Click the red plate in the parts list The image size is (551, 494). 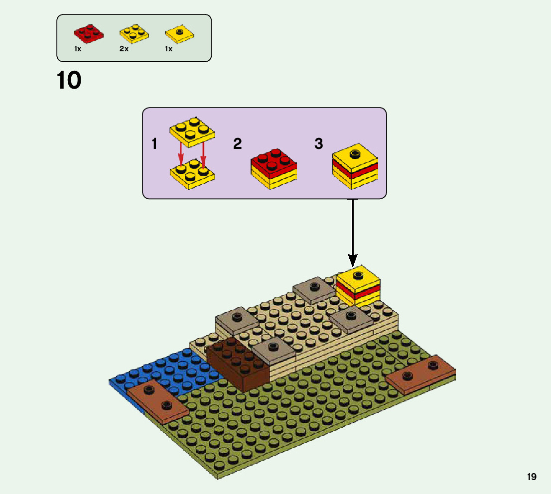[x=89, y=32]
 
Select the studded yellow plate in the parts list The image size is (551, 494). [x=134, y=33]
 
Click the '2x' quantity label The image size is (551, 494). [x=124, y=49]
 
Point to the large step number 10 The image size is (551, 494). [x=69, y=81]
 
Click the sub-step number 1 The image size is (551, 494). [x=154, y=144]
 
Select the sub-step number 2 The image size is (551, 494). [x=238, y=144]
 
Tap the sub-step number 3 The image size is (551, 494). [x=319, y=144]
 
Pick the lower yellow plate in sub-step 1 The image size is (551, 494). [x=192, y=175]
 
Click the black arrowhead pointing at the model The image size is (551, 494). [x=353, y=260]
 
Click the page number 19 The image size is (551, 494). [x=532, y=477]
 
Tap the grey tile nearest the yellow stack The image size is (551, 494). [x=314, y=289]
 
